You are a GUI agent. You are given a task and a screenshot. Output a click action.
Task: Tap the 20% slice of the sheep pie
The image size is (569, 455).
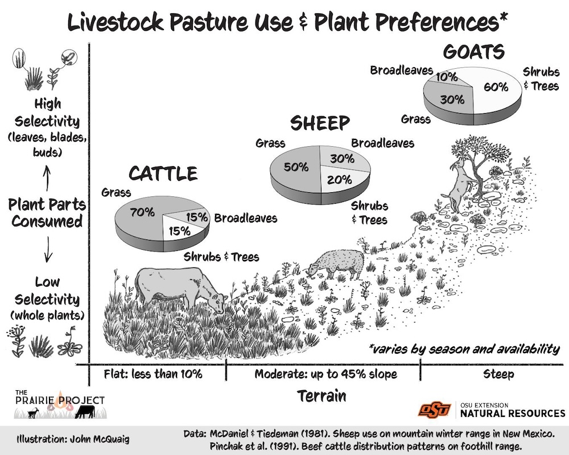click(339, 179)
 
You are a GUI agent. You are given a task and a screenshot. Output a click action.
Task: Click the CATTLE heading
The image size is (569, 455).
click(163, 173)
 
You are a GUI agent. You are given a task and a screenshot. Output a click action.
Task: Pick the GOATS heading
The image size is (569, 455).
click(474, 52)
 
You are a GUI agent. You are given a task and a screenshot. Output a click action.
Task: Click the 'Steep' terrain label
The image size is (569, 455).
click(498, 374)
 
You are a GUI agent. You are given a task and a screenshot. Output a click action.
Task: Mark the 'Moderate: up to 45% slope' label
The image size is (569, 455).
click(325, 374)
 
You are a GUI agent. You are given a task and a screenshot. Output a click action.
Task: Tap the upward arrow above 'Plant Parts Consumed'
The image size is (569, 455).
click(47, 176)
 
